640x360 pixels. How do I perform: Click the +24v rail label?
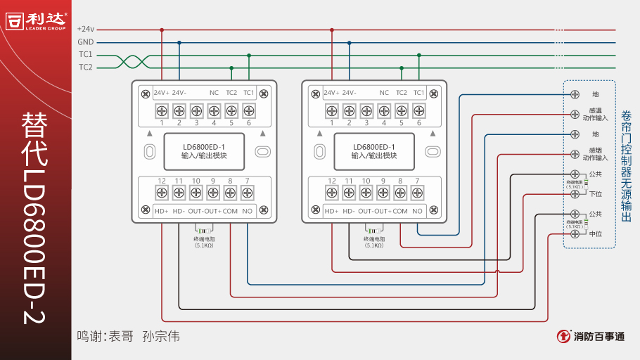tap(86, 30)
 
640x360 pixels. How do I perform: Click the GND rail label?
tap(86, 42)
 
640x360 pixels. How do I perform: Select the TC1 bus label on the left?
tap(86, 55)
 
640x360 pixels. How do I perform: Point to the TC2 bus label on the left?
tap(86, 67)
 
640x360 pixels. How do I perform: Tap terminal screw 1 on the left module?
tap(162, 110)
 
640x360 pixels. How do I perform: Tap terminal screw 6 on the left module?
tap(248, 110)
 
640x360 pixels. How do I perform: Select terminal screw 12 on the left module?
tap(162, 192)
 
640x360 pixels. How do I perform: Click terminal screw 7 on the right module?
tap(418, 192)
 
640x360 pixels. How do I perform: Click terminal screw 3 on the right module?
tap(366, 110)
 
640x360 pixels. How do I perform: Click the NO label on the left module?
tap(248, 211)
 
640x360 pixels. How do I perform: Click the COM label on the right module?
tap(400, 211)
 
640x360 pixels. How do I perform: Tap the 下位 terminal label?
tap(595, 194)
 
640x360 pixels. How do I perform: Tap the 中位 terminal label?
tap(595, 233)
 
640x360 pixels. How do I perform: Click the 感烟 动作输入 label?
tap(595, 153)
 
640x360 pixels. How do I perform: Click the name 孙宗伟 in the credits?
tap(161, 336)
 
